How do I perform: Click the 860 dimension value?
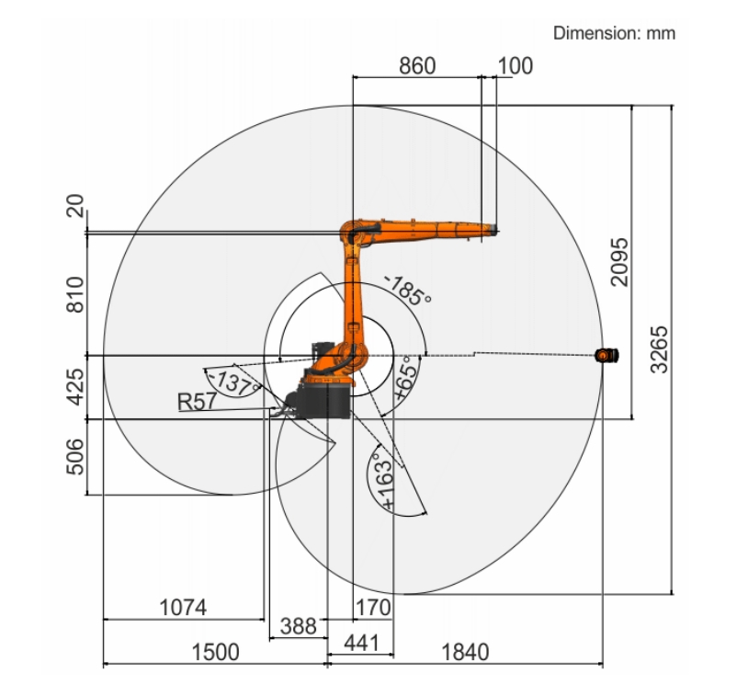(417, 66)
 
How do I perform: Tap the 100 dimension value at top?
(516, 66)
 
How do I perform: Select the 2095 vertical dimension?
(619, 262)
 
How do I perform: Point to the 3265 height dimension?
(659, 349)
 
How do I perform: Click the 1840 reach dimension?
(466, 652)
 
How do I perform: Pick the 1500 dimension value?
(216, 652)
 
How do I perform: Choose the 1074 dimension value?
(183, 608)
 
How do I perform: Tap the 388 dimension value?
(298, 626)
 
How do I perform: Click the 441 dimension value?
(362, 643)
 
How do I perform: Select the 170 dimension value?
(373, 608)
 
